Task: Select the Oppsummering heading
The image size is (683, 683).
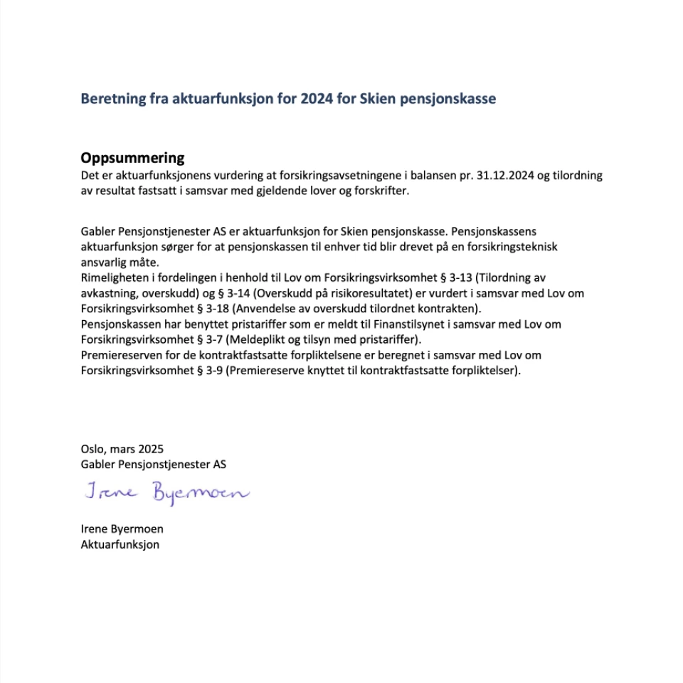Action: pos(132,158)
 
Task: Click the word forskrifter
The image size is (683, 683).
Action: pos(383,191)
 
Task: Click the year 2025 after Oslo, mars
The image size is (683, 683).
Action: pos(151,449)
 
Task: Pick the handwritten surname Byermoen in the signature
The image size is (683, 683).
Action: pos(201,492)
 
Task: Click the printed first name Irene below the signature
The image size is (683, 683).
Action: pos(95,529)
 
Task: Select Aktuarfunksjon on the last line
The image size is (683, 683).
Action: pos(120,545)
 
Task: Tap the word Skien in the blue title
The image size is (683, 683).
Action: pos(359,99)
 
